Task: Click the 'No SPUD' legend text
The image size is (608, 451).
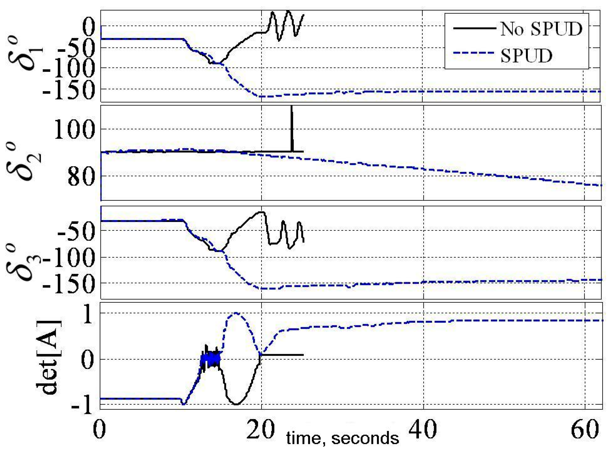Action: [541, 29]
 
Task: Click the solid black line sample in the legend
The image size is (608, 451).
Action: [474, 28]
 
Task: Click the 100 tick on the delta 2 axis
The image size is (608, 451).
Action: [74, 129]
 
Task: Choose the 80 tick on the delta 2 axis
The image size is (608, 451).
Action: [81, 176]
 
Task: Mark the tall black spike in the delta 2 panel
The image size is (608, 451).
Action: [292, 128]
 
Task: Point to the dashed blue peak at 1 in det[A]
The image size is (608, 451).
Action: [235, 314]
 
